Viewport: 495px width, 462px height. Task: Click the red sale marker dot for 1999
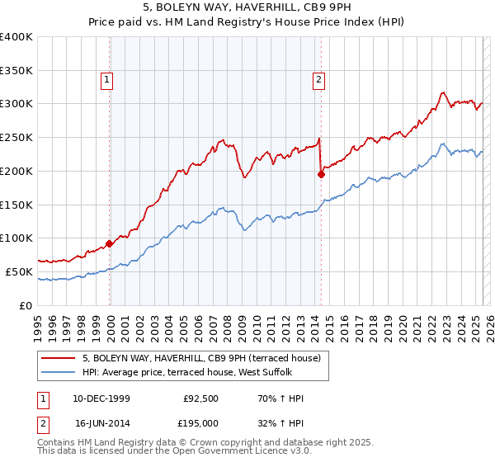pos(110,243)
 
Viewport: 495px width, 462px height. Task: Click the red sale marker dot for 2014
pos(322,173)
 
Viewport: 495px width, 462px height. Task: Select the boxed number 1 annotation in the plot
pos(108,80)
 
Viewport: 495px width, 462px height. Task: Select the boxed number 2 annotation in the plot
pos(318,80)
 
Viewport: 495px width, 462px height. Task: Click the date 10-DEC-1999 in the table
pos(101,398)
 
